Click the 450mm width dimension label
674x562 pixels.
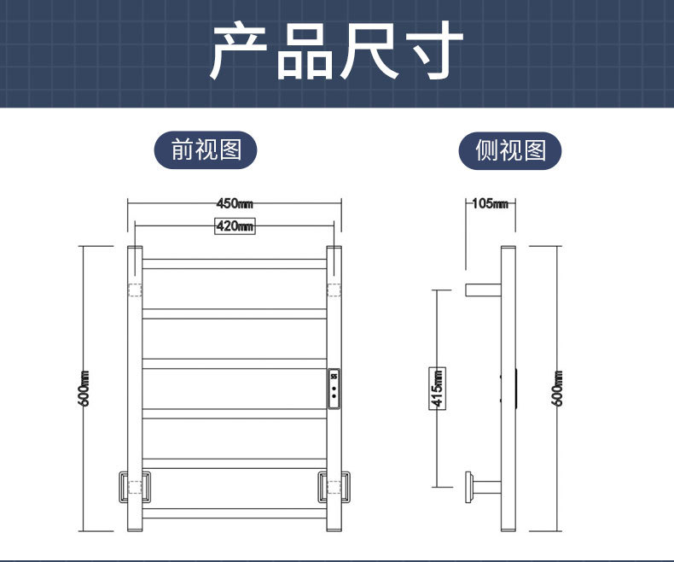click(235, 203)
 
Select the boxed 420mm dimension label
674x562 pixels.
click(235, 226)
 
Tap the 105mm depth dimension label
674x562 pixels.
click(490, 203)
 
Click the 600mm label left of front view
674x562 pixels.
click(84, 389)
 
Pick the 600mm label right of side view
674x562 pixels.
click(558, 389)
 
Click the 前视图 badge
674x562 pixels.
click(206, 150)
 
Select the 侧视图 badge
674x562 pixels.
click(510, 151)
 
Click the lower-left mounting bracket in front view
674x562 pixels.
click(134, 486)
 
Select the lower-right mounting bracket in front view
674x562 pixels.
click(334, 486)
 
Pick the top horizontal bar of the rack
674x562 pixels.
click(235, 264)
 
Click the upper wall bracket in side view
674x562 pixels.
click(482, 289)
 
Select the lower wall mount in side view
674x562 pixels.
click(482, 486)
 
